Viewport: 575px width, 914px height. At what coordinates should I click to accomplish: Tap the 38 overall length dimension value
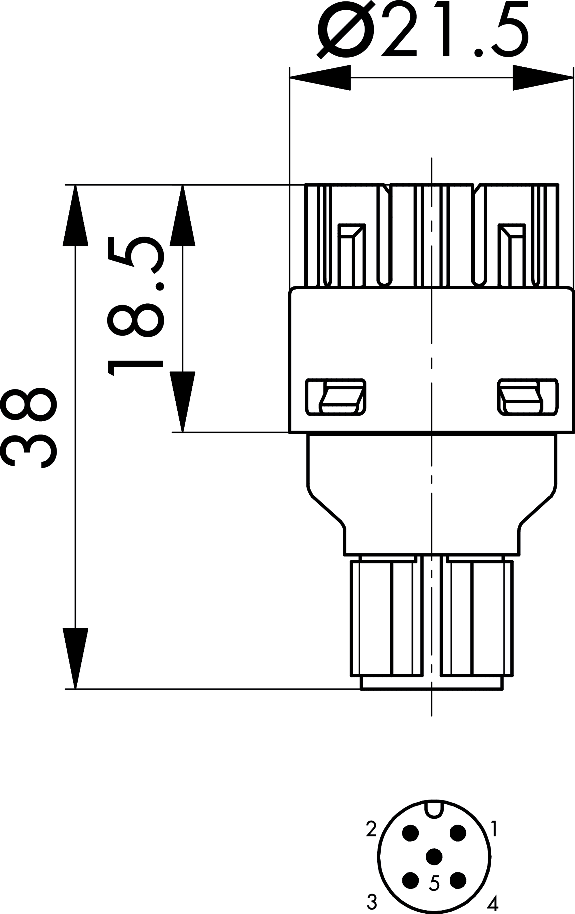pyautogui.click(x=28, y=428)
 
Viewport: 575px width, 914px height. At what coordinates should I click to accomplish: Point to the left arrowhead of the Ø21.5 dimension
pyautogui.click(x=320, y=78)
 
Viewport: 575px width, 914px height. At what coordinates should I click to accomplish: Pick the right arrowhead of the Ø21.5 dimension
pyautogui.click(x=543, y=78)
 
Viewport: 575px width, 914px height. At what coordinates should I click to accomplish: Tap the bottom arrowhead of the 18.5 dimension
pyautogui.click(x=183, y=401)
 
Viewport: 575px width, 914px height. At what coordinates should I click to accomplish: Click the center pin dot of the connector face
pyautogui.click(x=434, y=857)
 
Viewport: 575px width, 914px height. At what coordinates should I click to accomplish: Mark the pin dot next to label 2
pyautogui.click(x=410, y=833)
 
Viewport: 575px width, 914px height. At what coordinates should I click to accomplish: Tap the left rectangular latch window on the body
pyautogui.click(x=336, y=397)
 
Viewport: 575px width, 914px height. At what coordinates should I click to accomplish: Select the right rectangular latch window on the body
pyautogui.click(x=528, y=397)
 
